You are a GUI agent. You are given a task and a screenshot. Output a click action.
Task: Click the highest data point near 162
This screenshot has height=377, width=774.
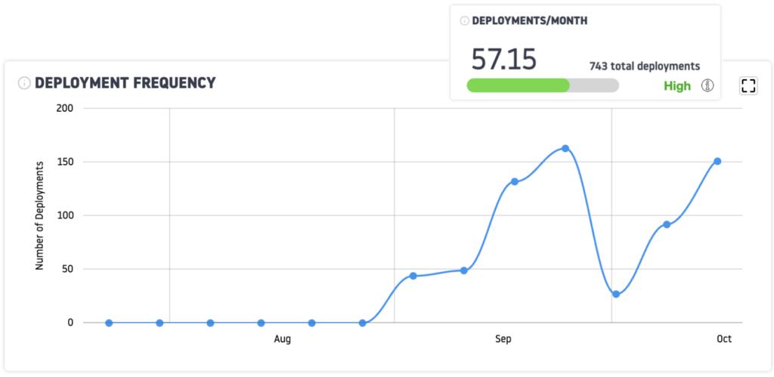(x=565, y=148)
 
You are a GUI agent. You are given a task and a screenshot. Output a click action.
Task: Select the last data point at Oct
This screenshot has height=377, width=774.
(x=717, y=161)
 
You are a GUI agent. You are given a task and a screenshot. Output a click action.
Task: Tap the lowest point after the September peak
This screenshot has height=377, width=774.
(x=616, y=294)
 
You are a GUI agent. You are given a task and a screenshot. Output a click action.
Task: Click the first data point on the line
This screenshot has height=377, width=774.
(x=109, y=323)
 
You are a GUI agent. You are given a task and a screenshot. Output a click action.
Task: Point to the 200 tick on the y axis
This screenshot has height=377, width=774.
(x=65, y=108)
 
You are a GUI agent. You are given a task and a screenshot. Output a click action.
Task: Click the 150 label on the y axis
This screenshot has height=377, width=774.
(x=65, y=162)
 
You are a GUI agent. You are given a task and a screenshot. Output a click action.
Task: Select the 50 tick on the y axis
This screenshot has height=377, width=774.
(x=67, y=269)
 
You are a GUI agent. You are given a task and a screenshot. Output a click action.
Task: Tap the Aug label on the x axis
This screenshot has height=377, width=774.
(x=282, y=339)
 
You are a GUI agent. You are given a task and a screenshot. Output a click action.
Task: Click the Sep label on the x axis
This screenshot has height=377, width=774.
(x=503, y=339)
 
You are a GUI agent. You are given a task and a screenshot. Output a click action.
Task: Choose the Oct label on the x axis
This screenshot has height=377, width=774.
(x=724, y=339)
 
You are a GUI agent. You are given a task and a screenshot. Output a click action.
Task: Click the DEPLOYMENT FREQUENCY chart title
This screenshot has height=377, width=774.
(x=125, y=83)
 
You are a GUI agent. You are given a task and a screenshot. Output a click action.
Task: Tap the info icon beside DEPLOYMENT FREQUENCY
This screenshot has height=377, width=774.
(x=24, y=83)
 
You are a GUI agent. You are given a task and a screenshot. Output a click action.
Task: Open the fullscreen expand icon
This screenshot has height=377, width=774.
(x=748, y=85)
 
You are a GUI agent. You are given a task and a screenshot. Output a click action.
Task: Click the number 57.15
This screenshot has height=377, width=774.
(x=503, y=58)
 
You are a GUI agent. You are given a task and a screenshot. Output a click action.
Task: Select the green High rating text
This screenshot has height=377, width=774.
(x=677, y=85)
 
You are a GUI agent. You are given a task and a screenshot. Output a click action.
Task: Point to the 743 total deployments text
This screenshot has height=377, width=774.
(x=645, y=66)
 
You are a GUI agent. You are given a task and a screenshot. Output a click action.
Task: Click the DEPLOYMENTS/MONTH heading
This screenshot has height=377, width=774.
(x=529, y=21)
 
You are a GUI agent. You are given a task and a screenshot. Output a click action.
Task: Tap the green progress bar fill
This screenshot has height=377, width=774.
(x=519, y=85)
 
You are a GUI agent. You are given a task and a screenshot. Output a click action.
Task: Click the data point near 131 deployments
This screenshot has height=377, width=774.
(x=514, y=181)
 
